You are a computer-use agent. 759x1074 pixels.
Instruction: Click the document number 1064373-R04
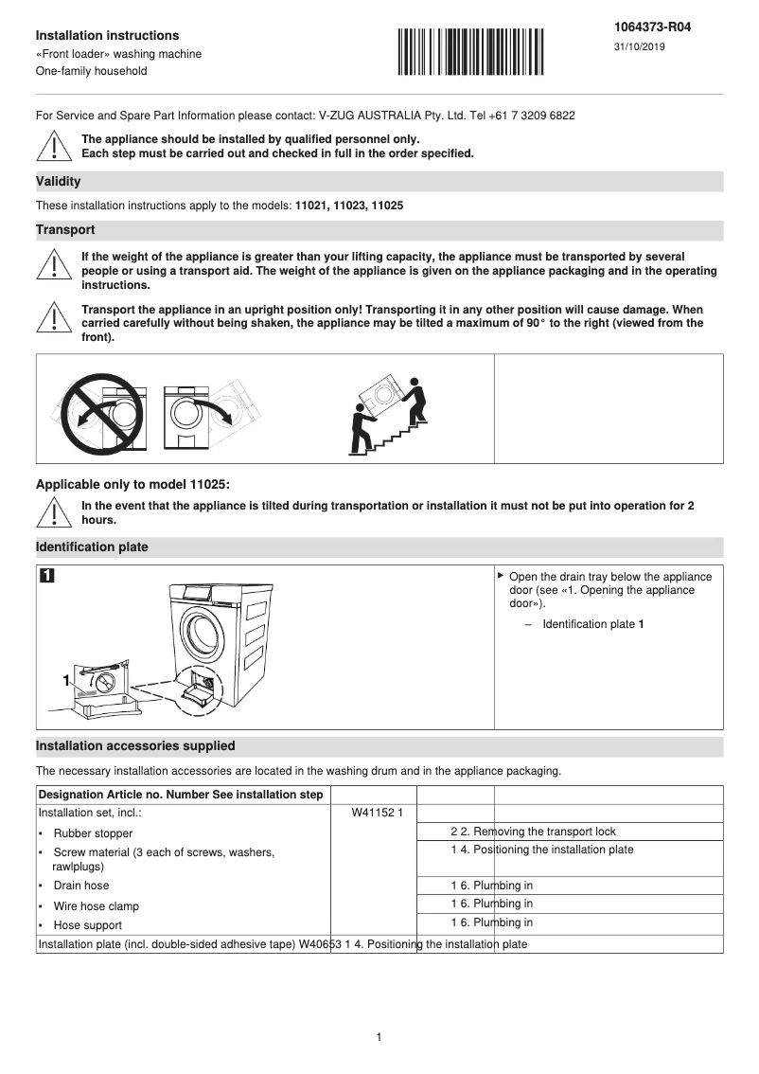(653, 27)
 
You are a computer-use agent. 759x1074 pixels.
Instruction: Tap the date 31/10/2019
(640, 47)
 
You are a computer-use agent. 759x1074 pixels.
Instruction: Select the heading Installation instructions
(107, 36)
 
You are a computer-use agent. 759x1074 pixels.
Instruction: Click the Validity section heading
(58, 181)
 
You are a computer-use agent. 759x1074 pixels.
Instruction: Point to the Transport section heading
(65, 230)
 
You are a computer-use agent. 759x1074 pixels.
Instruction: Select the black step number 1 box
(47, 577)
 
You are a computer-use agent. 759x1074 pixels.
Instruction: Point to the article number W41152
(369, 813)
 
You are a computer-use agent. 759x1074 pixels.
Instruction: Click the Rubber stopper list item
(93, 833)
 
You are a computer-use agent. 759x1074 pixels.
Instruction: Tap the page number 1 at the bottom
(379, 1037)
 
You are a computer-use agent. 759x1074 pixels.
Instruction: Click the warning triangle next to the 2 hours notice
(55, 512)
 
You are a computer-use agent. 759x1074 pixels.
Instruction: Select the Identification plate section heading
(92, 547)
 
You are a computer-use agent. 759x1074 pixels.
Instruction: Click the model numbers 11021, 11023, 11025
(349, 206)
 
